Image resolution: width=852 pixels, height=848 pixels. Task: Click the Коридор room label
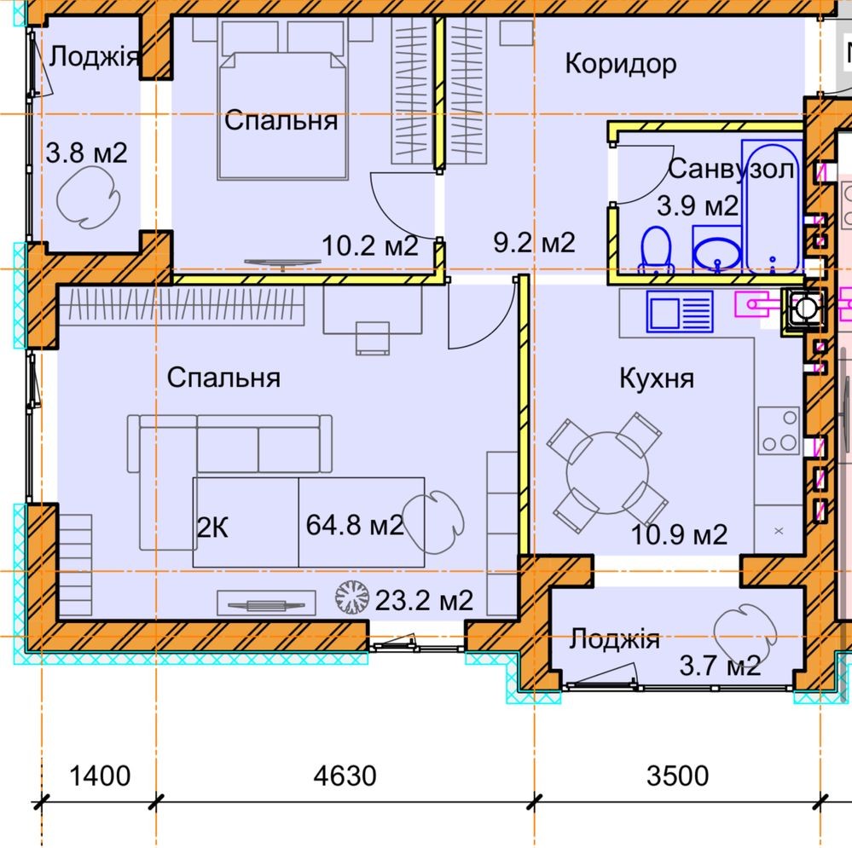click(621, 64)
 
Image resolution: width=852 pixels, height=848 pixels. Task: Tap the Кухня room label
click(657, 378)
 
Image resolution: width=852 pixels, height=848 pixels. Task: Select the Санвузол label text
click(732, 169)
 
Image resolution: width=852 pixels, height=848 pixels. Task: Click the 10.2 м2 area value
click(370, 246)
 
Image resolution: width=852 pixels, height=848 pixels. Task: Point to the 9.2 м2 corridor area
click(534, 242)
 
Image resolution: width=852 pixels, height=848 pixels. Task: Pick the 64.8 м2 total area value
click(355, 525)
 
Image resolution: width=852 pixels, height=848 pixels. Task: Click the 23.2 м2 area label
click(424, 601)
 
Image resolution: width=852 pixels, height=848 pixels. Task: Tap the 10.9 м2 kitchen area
click(679, 534)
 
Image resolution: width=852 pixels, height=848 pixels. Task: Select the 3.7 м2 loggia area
click(720, 666)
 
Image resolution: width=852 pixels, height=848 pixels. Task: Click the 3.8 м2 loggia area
click(86, 153)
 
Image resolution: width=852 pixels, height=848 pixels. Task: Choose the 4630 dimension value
click(345, 776)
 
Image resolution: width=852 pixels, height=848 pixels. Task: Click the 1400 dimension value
click(100, 776)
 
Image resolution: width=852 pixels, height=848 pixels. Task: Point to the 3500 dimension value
click(677, 776)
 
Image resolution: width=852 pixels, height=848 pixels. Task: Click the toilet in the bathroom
click(656, 251)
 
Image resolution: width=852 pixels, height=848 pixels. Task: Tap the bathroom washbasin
click(717, 250)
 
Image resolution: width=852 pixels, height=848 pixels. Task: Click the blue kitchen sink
click(680, 312)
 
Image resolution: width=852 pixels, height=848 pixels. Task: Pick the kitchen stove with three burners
click(780, 431)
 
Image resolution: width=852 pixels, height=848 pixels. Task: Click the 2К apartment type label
click(212, 528)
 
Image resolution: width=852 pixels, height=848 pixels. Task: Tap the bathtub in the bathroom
click(773, 207)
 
